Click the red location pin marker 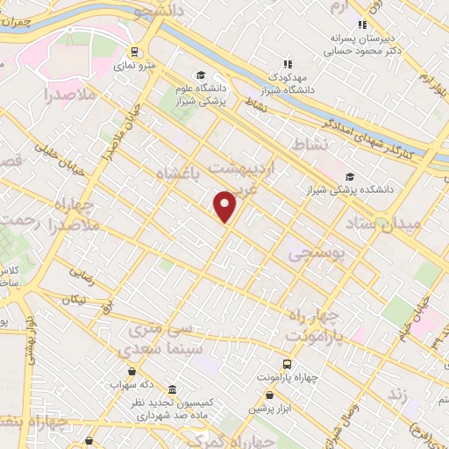(226, 206)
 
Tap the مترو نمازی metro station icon (134, 52)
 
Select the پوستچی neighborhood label (317, 253)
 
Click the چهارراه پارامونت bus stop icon (289, 364)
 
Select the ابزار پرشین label (268, 409)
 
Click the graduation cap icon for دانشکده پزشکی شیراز (351, 177)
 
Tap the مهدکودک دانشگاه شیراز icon (287, 63)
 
